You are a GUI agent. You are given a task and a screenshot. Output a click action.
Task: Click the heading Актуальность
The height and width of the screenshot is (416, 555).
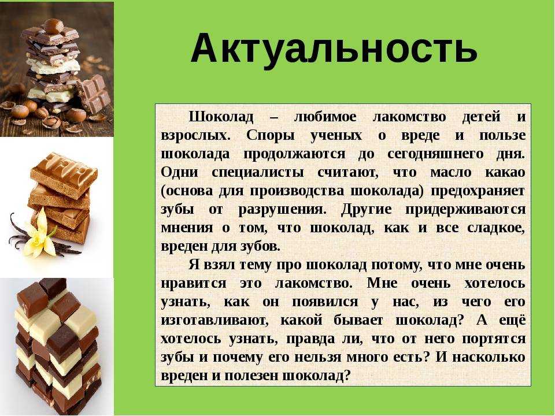pyautogui.click(x=334, y=49)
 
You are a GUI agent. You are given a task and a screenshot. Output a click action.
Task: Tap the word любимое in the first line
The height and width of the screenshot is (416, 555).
pyautogui.click(x=325, y=117)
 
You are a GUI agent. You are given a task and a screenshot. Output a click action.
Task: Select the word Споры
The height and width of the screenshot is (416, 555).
pyautogui.click(x=271, y=135)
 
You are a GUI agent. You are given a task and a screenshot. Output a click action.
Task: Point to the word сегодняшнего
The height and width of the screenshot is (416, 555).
pyautogui.click(x=435, y=154)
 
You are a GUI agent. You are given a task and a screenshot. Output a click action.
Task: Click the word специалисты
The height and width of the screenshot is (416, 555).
pyautogui.click(x=258, y=173)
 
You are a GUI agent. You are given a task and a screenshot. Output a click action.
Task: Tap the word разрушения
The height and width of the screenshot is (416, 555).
pyautogui.click(x=282, y=209)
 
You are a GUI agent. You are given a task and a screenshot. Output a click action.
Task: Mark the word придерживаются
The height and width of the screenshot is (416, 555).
pyautogui.click(x=465, y=209)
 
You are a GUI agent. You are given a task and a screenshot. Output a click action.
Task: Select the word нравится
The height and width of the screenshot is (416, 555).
pyautogui.click(x=193, y=283)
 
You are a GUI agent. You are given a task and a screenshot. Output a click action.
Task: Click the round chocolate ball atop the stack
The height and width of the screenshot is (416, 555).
pyautogui.click(x=53, y=26)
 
